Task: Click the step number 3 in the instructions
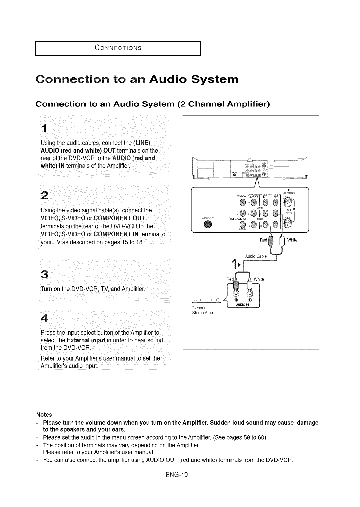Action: pos(44,275)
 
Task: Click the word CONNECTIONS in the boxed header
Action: pos(118,48)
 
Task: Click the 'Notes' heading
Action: pos(44,415)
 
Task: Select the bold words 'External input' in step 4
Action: pos(86,340)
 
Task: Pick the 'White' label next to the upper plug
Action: pos(292,240)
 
